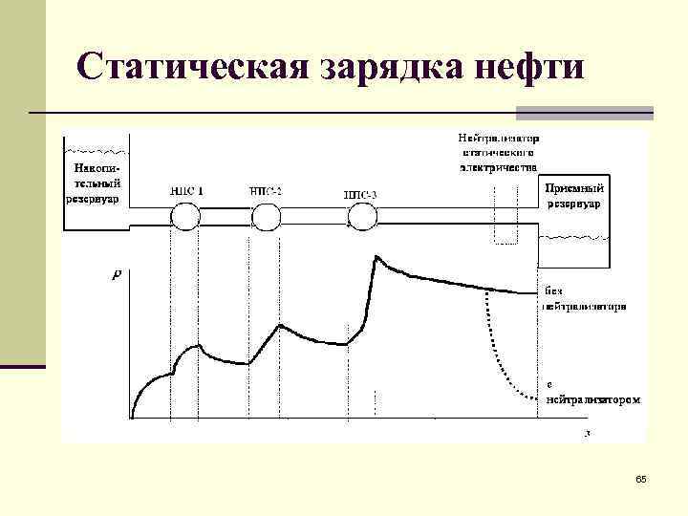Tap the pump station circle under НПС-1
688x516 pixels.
(x=184, y=217)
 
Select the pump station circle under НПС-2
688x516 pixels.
(x=268, y=218)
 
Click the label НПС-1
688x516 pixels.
(x=186, y=190)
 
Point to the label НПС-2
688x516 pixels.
(x=266, y=190)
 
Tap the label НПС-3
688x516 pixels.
(x=360, y=195)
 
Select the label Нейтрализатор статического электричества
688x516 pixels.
(x=499, y=151)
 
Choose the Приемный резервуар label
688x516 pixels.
(x=573, y=195)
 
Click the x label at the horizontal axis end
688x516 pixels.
(x=588, y=433)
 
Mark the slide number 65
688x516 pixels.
(x=640, y=478)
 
